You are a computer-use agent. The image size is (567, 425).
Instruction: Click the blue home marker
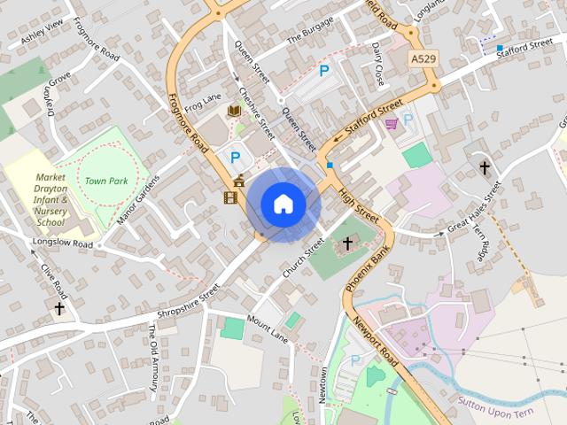283,205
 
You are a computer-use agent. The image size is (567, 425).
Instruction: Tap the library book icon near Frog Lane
234,110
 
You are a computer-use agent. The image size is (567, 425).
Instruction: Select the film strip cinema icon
231,197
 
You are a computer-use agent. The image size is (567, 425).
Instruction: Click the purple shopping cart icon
391,125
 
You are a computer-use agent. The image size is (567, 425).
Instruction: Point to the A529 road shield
423,58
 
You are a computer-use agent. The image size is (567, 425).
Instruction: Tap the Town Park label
107,181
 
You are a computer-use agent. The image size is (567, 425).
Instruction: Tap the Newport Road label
375,341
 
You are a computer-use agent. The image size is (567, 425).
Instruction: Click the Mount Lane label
268,329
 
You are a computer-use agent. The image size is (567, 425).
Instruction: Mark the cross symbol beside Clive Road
59,308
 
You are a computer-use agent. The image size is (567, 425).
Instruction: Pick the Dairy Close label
378,63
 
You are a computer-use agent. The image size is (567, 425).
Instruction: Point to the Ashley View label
43,33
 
